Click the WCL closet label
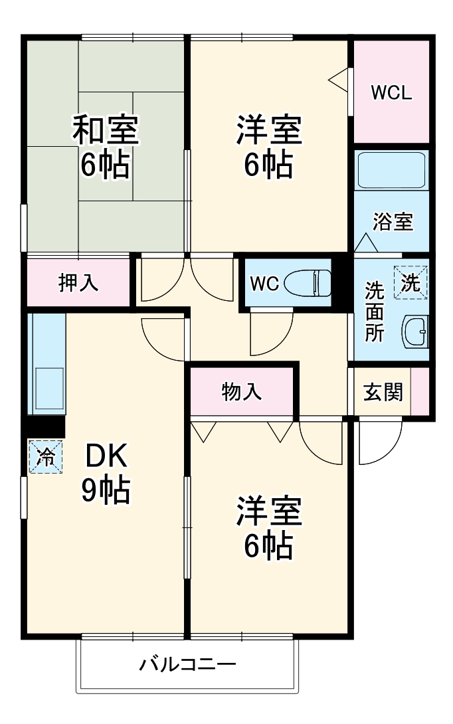point(391,93)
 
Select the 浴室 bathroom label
point(393,222)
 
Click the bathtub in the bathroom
point(391,171)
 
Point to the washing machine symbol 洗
point(411,282)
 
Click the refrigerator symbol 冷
point(45,457)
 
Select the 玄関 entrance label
point(383,393)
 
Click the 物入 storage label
point(242,392)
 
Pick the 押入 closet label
point(78,283)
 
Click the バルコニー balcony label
point(187,664)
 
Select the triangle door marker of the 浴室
point(366,244)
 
